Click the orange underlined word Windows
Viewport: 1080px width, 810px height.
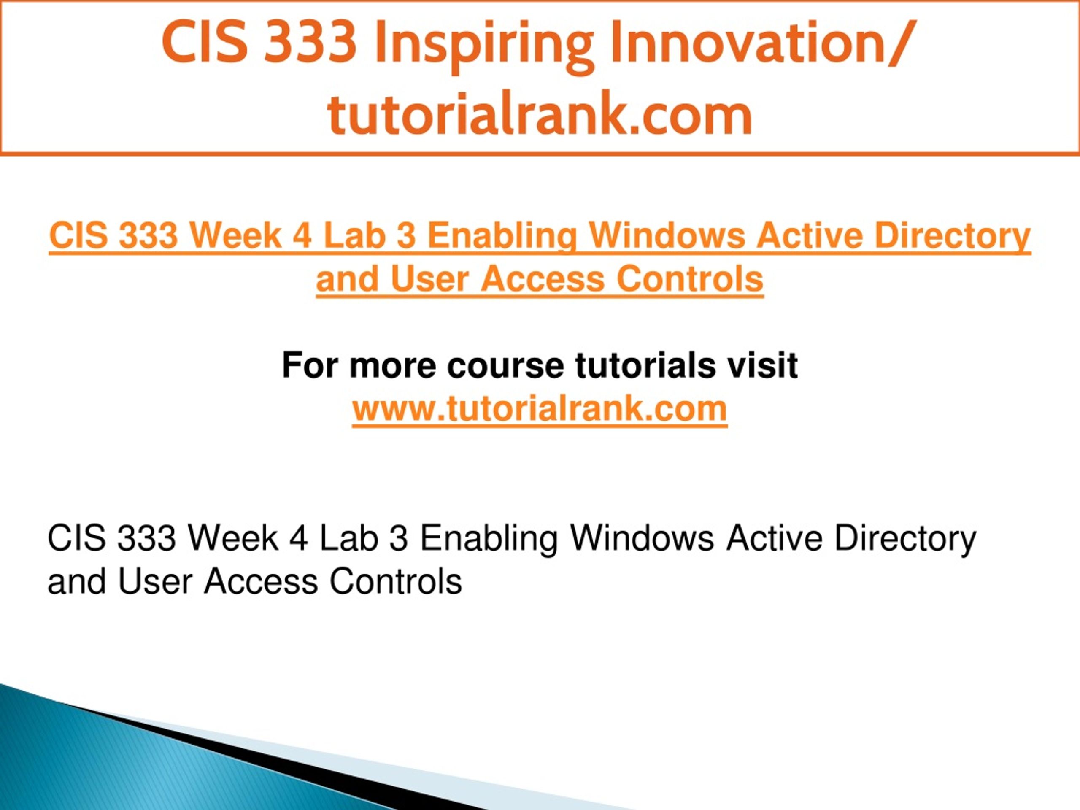pyautogui.click(x=667, y=235)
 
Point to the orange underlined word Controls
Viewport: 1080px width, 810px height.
pyautogui.click(x=689, y=279)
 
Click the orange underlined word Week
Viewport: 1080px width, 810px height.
pyautogui.click(x=235, y=235)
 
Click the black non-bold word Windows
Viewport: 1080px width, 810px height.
pyautogui.click(x=642, y=539)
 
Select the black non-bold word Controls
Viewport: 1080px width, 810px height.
pyautogui.click(x=395, y=581)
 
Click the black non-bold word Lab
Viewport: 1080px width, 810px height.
pyautogui.click(x=348, y=539)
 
